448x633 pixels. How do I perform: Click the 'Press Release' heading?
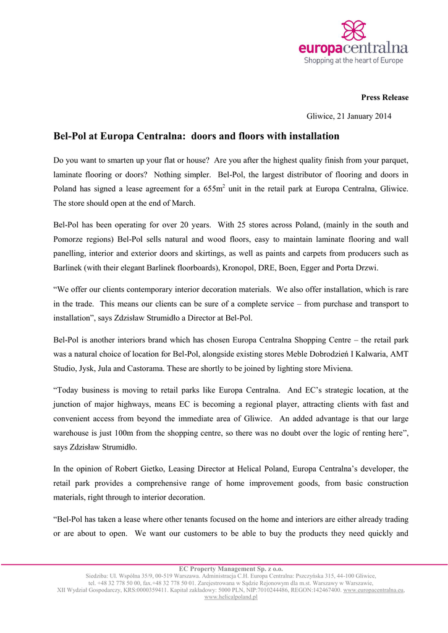pyautogui.click(x=384, y=98)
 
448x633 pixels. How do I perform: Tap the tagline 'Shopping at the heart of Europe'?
pyautogui.click(x=353, y=61)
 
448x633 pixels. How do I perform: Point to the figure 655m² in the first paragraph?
pyautogui.click(x=213, y=189)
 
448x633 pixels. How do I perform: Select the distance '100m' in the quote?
pyautogui.click(x=120, y=433)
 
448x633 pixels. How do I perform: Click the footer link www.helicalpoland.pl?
pyautogui.click(x=230, y=597)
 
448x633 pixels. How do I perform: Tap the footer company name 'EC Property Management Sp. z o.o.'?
pyautogui.click(x=230, y=569)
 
